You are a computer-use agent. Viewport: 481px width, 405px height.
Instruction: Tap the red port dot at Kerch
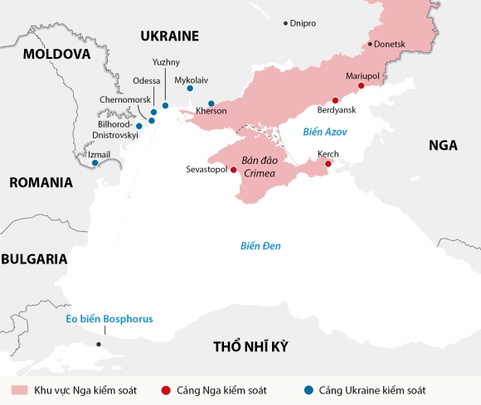point(328,164)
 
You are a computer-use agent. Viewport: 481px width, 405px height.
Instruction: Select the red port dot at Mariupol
point(361,86)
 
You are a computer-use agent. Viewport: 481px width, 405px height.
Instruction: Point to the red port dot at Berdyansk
point(335,100)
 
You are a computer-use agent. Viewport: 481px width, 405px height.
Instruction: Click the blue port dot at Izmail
point(95,163)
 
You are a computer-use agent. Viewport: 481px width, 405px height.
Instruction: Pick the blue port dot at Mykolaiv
point(190,89)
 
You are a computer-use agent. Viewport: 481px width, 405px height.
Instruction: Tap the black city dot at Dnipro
point(286,23)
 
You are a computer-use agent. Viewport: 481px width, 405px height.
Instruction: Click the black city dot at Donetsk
point(370,44)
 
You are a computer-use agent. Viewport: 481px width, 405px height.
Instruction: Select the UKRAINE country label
point(169,36)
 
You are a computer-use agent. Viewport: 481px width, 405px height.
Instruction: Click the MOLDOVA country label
point(56,54)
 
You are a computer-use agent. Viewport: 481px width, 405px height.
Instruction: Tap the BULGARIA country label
point(34,258)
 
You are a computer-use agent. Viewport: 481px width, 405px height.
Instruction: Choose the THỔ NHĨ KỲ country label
point(255,346)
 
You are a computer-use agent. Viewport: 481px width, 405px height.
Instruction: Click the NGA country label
point(443,145)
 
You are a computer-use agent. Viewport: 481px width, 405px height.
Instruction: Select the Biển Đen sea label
point(260,246)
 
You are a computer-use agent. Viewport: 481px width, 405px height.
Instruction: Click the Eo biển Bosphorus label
point(109,319)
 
